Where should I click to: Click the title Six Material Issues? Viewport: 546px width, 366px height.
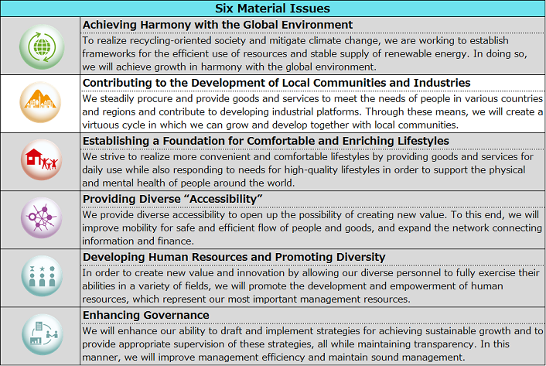(x=273, y=9)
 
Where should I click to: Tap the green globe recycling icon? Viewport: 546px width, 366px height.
(x=41, y=46)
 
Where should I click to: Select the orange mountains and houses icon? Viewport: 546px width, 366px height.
(x=41, y=103)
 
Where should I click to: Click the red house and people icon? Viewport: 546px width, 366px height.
(x=41, y=161)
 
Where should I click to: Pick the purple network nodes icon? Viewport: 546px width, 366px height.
(x=41, y=219)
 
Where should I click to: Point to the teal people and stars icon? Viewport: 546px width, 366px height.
(x=41, y=277)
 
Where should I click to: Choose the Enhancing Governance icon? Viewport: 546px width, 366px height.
(x=41, y=335)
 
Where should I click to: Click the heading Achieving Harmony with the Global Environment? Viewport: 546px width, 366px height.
(x=217, y=25)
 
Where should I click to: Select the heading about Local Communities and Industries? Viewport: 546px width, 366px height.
(x=276, y=83)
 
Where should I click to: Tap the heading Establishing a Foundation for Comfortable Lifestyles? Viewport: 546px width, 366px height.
(x=265, y=141)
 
